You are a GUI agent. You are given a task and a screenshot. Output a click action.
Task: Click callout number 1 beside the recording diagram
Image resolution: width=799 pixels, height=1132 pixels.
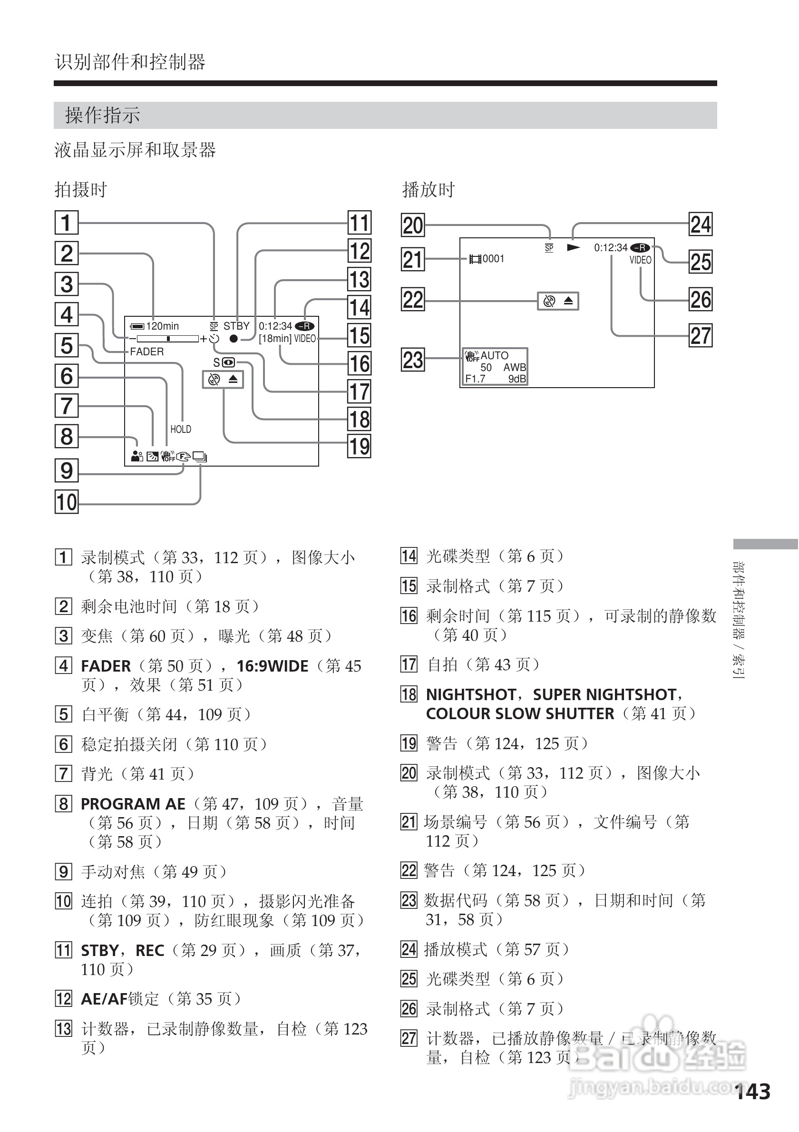pos(67,223)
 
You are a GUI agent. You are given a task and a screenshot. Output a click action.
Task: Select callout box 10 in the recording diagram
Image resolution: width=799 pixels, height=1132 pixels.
pos(67,502)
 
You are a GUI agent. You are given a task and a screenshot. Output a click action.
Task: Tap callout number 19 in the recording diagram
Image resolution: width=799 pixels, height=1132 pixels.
pos(360,446)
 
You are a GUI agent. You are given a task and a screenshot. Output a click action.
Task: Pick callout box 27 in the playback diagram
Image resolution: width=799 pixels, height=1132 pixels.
pos(701,336)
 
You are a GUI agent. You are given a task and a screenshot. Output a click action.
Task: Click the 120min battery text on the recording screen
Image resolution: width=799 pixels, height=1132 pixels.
pos(162,326)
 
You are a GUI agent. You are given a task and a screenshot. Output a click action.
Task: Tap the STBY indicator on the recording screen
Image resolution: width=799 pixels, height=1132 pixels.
pos(236,326)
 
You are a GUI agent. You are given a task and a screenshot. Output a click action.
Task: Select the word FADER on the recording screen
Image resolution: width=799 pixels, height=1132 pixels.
pos(147,351)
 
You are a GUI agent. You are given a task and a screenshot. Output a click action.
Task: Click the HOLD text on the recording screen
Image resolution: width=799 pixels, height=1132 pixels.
pos(180,429)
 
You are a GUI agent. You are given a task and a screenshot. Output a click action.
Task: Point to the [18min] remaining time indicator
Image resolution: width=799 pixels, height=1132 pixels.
pos(275,339)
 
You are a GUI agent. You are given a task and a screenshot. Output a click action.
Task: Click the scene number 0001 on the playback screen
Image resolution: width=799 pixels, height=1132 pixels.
pos(493,259)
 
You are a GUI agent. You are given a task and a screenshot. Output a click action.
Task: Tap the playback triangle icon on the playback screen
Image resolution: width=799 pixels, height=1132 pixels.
pos(573,247)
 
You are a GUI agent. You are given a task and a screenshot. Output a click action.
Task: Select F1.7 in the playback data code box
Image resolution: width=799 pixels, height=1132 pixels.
pos(475,379)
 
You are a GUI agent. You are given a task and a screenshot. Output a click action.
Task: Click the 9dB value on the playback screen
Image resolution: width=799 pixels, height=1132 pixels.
pos(517,379)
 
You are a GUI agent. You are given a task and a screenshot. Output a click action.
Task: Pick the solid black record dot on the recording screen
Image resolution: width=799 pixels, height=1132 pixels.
pos(234,339)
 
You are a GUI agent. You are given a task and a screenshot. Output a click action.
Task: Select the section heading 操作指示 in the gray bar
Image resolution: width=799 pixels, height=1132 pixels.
pos(103,116)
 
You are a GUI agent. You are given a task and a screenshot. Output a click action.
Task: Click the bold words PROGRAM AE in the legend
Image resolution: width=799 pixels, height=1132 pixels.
pos(133,804)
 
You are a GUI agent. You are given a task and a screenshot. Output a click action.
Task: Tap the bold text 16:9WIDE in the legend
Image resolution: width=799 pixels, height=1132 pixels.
pos(272,666)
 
